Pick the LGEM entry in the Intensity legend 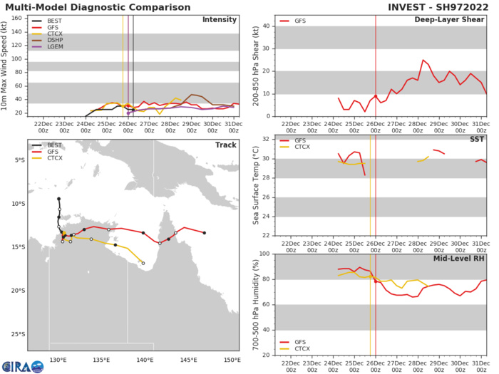click(51, 47)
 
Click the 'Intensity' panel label click(220, 19)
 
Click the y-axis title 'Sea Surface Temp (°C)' click(256, 187)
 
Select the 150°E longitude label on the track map click(232, 359)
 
